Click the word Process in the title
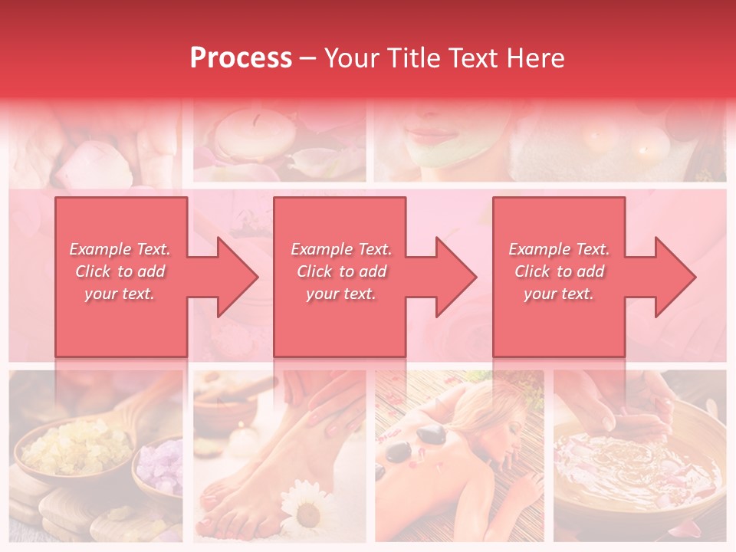tap(241, 58)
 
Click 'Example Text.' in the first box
tap(120, 249)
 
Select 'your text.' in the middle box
tap(340, 294)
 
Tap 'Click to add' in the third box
tap(559, 271)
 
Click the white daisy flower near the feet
tap(306, 511)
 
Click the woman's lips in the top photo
tap(431, 135)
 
